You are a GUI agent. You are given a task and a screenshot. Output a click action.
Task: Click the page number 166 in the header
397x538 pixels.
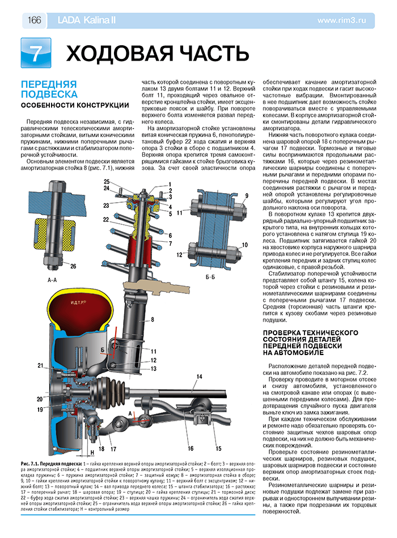[x=33, y=20]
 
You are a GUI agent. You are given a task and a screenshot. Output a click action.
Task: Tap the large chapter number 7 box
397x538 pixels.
[x=35, y=53]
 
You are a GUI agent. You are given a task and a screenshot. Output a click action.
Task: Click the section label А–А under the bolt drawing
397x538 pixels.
[x=52, y=279]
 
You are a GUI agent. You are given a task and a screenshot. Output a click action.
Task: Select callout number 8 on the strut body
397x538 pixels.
[x=152, y=320]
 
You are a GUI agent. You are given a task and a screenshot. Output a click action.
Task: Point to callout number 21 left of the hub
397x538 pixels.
[x=40, y=365]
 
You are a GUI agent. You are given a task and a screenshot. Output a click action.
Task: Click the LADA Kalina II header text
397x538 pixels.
[x=86, y=20]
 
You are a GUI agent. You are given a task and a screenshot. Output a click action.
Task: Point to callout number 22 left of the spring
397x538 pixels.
[x=106, y=219]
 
